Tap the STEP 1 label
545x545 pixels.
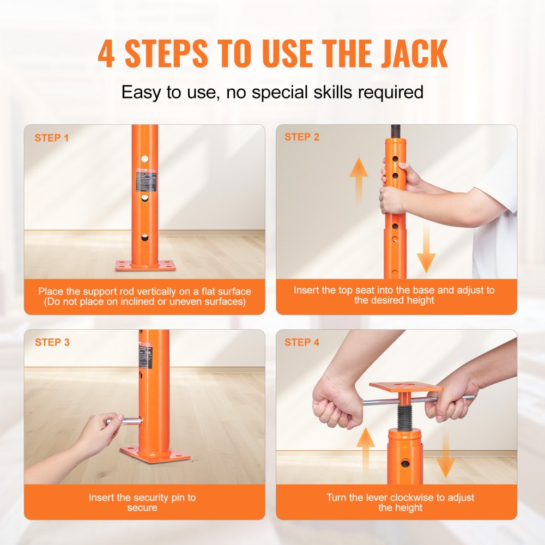(52, 138)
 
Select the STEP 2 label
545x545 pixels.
(302, 137)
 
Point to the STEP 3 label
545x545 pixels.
(52, 342)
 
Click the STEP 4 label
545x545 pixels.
(302, 342)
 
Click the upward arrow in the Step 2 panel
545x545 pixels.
(359, 180)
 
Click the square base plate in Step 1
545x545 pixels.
(145, 266)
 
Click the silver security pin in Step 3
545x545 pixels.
(129, 421)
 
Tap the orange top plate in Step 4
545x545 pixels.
(405, 387)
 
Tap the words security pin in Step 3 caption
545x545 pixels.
(160, 497)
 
